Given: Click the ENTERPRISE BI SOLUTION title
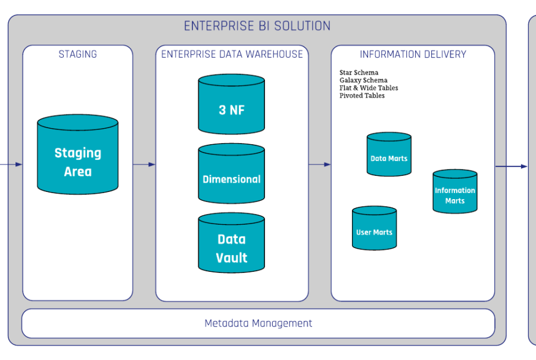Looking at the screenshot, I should (257, 26).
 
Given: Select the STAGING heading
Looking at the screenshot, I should (77, 54).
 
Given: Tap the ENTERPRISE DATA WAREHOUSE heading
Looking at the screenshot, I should (232, 54).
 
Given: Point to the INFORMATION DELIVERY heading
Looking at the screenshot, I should (413, 54).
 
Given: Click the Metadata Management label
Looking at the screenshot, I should (258, 324).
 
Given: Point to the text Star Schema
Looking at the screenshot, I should (359, 73).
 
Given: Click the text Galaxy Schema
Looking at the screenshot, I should (363, 80).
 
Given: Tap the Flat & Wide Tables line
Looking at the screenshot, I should (369, 88).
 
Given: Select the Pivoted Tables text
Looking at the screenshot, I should (362, 96).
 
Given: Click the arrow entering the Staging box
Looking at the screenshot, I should (12, 164).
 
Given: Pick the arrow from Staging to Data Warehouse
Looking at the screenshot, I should (144, 164).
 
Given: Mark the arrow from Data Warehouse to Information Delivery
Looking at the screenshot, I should (320, 164).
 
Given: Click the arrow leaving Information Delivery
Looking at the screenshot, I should (511, 166).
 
